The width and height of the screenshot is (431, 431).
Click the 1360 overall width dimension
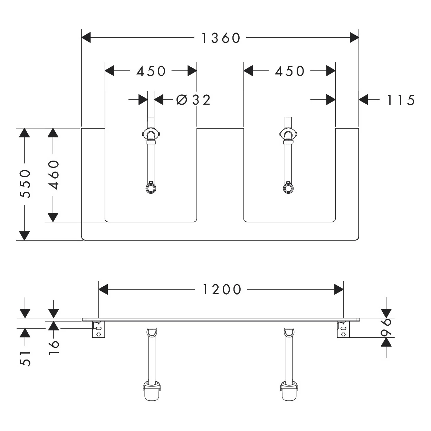pos(221,38)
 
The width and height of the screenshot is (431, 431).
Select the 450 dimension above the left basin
pos(151,71)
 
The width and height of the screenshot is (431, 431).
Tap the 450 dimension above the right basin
pos(290,71)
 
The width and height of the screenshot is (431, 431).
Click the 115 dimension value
pos(400,100)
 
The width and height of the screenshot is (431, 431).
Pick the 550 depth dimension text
pos(25,183)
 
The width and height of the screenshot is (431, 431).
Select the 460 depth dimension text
pos(54,175)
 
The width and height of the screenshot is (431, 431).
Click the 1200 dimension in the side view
pos(221,289)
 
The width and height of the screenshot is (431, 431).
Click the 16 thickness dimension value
pos(54,347)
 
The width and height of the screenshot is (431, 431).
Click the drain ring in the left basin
pos(151,188)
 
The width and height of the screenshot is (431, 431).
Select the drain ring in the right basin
pos(288,188)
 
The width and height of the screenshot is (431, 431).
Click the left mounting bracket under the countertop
pos(98,329)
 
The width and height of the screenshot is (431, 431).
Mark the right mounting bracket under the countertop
pos(343,329)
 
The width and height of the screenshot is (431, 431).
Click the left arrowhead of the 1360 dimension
pos(86,38)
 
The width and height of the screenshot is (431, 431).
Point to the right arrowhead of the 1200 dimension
pos(339,289)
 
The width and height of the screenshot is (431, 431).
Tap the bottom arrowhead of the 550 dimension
pos(24,235)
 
